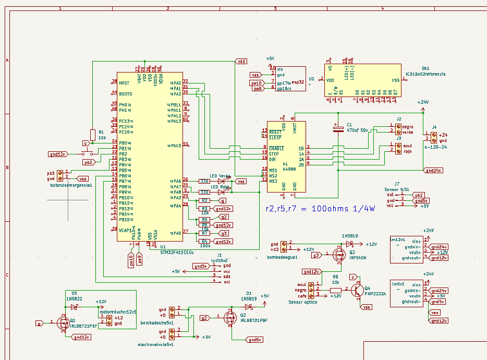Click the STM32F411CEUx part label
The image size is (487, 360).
click(177, 252)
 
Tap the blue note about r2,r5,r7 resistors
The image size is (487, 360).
click(320, 209)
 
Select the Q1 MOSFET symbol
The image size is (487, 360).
click(63, 322)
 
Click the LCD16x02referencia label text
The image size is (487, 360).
click(426, 75)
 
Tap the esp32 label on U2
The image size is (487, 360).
click(298, 82)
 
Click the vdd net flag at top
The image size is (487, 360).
click(241, 61)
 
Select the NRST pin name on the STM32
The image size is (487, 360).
click(124, 83)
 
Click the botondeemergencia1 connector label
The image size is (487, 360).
click(71, 185)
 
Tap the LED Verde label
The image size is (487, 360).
click(220, 176)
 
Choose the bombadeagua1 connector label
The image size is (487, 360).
click(282, 257)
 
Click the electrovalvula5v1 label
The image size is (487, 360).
click(155, 345)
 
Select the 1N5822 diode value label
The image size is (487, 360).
click(74, 299)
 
